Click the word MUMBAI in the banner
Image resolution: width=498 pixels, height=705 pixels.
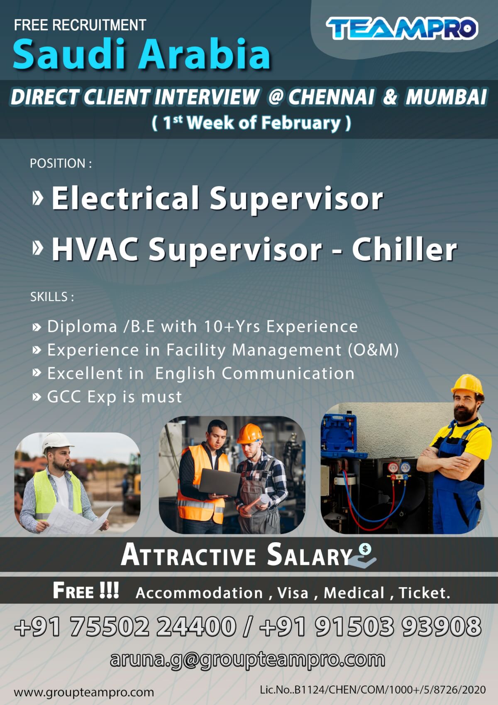446,97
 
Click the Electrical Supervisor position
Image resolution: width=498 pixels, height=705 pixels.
217,198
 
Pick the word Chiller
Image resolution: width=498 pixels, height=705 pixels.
404,250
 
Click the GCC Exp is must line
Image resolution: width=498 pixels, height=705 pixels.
114,397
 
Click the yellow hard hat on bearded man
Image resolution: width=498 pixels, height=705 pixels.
467,384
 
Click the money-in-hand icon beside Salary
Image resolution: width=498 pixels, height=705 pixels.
364,556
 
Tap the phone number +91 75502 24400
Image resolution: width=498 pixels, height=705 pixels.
125,626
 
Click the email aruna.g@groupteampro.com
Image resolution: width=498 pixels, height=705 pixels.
247,659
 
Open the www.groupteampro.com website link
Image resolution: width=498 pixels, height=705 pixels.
84,692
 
